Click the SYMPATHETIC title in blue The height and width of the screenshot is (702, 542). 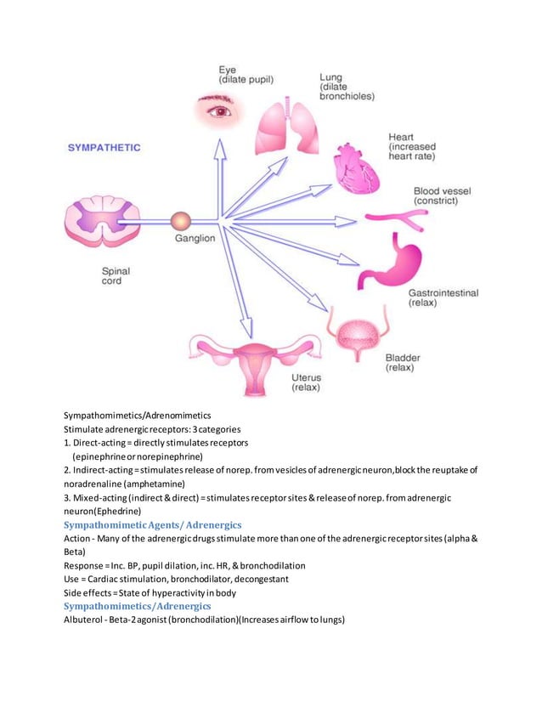104,147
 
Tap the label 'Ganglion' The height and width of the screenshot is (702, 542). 195,240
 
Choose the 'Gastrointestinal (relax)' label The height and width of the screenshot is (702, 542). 443,297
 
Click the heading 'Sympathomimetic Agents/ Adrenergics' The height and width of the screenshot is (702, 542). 153,525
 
